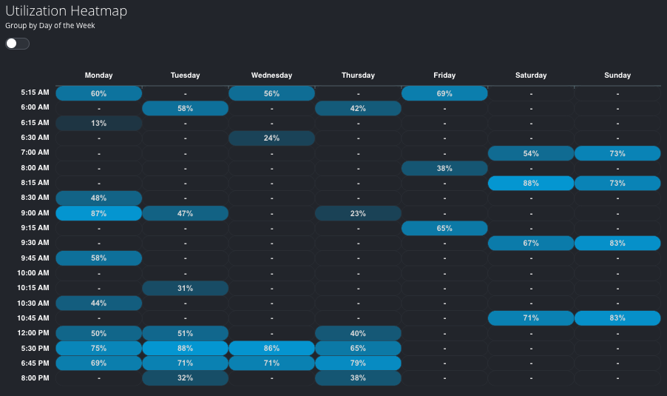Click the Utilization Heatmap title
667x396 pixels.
click(66, 10)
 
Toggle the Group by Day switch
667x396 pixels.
click(17, 44)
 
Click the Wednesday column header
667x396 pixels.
click(271, 75)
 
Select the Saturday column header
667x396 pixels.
click(531, 75)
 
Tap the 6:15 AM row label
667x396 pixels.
click(35, 123)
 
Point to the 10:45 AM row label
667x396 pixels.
click(34, 318)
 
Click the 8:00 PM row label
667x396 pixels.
click(35, 377)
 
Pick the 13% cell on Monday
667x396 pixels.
click(98, 124)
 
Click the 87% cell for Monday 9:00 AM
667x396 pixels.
click(98, 213)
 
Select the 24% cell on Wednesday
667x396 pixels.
click(271, 138)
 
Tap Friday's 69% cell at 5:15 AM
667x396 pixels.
click(444, 93)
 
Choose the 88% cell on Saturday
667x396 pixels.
click(531, 183)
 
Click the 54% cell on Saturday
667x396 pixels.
click(531, 153)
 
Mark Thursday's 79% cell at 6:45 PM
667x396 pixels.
click(358, 363)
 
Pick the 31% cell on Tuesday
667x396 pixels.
click(185, 288)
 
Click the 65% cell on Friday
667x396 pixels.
click(444, 228)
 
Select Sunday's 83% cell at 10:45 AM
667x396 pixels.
click(617, 318)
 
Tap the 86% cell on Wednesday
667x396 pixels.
click(271, 348)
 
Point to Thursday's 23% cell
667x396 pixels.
click(358, 213)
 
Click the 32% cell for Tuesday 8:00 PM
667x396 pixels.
click(185, 377)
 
